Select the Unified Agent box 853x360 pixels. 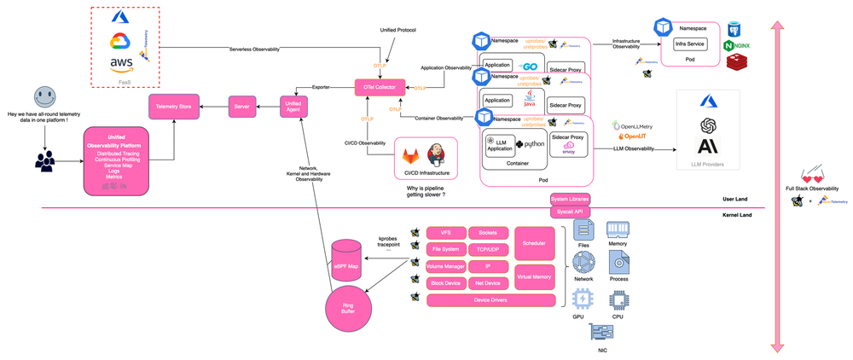coord(293,107)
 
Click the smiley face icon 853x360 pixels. coord(44,96)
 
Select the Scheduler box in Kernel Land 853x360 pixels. coord(534,242)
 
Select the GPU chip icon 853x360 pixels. coord(583,299)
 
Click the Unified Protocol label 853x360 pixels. coord(398,30)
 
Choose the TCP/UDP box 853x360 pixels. coord(488,249)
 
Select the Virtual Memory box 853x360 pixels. coord(534,276)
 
